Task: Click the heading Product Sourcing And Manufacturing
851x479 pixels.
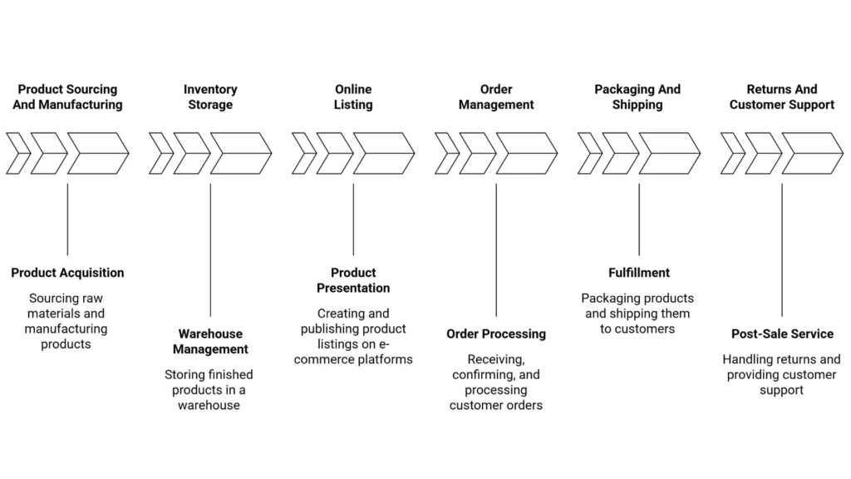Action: pos(68,96)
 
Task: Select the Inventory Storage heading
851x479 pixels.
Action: pos(210,96)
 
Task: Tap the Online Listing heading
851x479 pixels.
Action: pos(353,96)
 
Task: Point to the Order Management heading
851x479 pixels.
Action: pos(496,96)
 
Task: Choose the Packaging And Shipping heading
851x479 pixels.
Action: pos(637,96)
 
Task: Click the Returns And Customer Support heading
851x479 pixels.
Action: pos(781,96)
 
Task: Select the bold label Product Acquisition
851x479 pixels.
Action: pos(67,273)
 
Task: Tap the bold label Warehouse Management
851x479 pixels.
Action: pos(213,342)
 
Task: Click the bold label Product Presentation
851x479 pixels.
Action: pos(353,280)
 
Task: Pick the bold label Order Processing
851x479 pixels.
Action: pos(496,333)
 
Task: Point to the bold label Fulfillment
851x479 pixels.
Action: pos(639,273)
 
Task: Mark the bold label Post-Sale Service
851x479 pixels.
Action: pos(782,333)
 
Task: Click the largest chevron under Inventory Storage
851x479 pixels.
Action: pos(240,153)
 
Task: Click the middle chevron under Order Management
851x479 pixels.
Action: pos(477,153)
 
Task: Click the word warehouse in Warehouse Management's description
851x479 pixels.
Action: pos(209,406)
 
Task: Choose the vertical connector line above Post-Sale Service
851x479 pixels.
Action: pos(782,249)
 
